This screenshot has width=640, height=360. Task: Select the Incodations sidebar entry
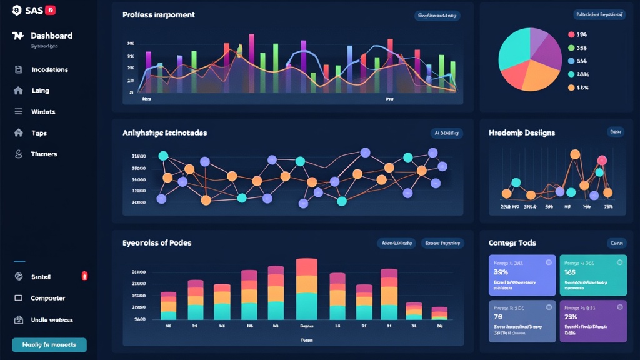(49, 70)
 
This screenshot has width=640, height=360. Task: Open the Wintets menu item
(43, 112)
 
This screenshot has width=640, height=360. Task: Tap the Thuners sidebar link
(44, 154)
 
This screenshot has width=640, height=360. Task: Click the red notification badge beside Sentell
(84, 276)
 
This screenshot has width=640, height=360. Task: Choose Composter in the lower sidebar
(47, 299)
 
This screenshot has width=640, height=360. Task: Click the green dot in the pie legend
(571, 48)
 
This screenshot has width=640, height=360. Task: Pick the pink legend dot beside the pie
(571, 35)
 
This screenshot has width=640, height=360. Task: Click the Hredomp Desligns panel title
(521, 133)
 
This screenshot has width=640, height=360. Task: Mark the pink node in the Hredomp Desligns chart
(601, 160)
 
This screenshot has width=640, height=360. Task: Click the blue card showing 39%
(521, 275)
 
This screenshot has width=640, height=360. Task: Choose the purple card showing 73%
(592, 321)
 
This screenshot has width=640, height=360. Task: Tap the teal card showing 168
(592, 275)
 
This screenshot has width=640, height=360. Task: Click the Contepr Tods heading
(512, 243)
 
